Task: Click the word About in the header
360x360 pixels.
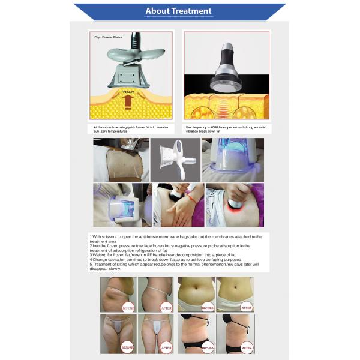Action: click(x=157, y=11)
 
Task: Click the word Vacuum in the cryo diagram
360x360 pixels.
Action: click(x=128, y=92)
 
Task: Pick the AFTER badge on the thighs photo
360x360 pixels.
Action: click(x=166, y=347)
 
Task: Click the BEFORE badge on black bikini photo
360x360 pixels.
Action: click(x=207, y=346)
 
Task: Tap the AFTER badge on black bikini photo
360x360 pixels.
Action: click(x=245, y=346)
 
